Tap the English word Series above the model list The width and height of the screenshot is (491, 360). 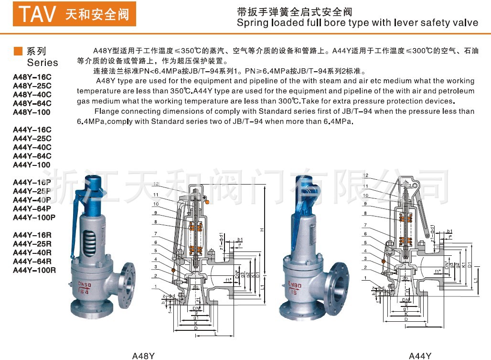click(43, 63)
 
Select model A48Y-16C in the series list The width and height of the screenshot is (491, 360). click(32, 77)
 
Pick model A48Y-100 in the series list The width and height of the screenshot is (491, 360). click(32, 112)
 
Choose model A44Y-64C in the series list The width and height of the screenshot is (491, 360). click(32, 156)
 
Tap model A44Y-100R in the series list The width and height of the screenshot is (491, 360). click(34, 270)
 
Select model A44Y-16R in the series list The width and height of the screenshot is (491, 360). click(32, 235)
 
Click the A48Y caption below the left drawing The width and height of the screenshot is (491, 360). click(143, 355)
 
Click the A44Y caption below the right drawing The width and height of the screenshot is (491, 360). click(420, 355)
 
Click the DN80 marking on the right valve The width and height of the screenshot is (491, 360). click(295, 284)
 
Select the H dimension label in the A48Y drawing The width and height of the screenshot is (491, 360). click(262, 229)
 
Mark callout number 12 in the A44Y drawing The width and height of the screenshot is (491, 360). click(366, 175)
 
